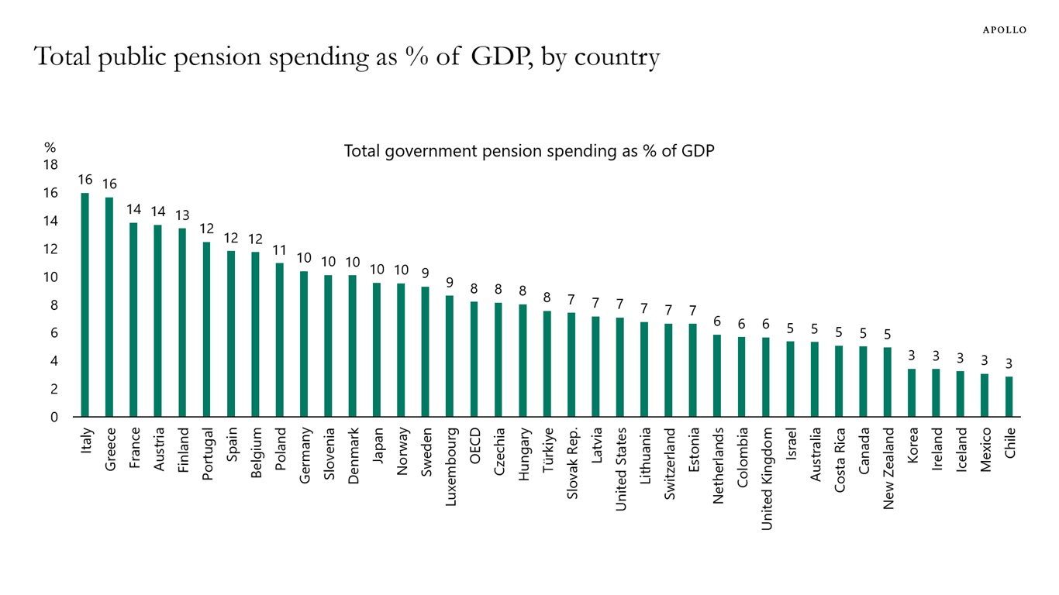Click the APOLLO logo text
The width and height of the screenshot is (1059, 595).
(x=1004, y=29)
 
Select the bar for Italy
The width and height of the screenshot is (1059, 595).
(x=85, y=304)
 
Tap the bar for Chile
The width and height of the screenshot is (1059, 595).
(x=1009, y=397)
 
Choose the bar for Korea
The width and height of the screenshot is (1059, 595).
(x=912, y=393)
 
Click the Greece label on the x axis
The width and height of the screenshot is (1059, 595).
(x=110, y=449)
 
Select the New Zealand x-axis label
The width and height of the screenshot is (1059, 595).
(x=888, y=468)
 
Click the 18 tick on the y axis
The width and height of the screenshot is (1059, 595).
(x=50, y=165)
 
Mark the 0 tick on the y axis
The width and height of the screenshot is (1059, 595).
(x=53, y=418)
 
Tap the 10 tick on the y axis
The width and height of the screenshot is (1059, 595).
(x=50, y=277)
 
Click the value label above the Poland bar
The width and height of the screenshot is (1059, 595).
(x=280, y=250)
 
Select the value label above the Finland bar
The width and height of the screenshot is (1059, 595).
(x=182, y=215)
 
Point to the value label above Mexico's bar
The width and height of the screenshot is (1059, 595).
(x=985, y=360)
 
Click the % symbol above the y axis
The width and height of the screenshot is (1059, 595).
(x=50, y=147)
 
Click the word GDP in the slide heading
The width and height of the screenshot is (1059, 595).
(x=498, y=57)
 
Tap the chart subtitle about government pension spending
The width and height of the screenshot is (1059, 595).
(x=529, y=151)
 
